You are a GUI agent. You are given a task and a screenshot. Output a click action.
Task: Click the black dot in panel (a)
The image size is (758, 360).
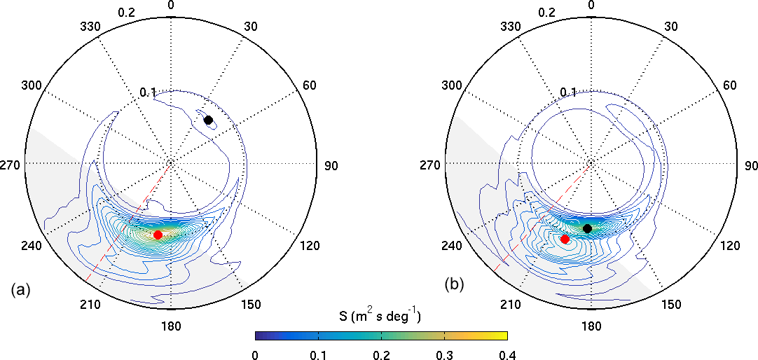click(x=208, y=120)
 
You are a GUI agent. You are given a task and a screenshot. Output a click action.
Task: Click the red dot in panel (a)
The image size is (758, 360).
click(x=158, y=235)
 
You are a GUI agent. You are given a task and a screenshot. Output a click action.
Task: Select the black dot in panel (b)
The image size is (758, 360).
click(x=587, y=229)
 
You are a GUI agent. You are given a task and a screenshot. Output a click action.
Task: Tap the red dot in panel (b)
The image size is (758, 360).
click(x=565, y=240)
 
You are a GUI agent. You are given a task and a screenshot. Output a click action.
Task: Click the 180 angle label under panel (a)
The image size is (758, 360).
click(x=171, y=326)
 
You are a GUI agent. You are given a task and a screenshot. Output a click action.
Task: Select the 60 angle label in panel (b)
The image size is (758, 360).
click(x=729, y=85)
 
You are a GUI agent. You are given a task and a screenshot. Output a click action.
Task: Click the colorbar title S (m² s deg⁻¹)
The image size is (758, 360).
click(x=381, y=317)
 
